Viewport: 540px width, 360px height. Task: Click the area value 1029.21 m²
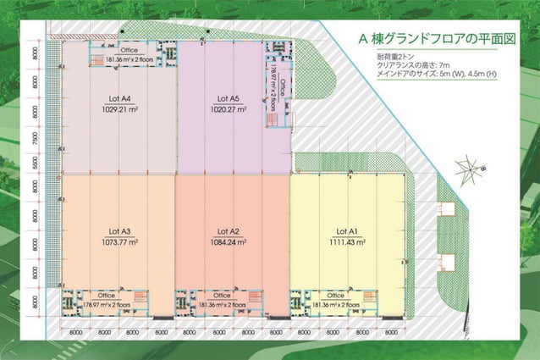tap(118, 110)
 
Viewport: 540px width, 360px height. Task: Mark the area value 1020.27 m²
tap(228, 110)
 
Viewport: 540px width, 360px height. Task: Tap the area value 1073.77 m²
tap(118, 242)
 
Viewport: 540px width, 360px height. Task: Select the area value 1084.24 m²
tap(229, 242)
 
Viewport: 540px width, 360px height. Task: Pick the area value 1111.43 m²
tap(348, 242)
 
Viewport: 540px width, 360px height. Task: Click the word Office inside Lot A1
tap(334, 296)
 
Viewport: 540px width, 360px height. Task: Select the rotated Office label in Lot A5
tap(282, 88)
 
